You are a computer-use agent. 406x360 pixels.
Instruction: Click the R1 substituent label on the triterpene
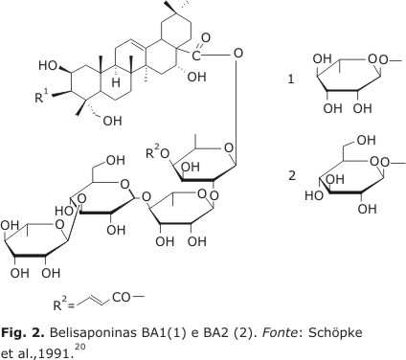41,96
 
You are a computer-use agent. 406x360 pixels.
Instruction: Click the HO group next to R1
48,66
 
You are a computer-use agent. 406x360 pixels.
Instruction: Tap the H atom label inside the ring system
116,82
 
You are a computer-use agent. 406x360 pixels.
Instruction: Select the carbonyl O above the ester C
205,38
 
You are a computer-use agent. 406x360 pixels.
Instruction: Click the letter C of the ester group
196,56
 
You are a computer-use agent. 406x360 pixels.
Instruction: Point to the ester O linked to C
237,53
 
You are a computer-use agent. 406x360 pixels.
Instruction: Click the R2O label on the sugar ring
158,152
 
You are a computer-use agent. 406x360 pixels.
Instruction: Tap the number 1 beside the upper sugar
291,79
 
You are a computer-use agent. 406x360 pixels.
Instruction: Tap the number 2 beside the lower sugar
292,175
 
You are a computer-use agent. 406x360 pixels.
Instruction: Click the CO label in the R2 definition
122,298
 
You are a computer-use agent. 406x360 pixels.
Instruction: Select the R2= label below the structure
63,304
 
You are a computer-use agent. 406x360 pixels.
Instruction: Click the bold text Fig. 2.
22,333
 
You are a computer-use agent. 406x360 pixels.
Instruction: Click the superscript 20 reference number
80,347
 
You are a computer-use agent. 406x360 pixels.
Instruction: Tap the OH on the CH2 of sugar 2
366,140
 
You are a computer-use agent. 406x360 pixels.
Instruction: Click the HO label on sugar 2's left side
314,195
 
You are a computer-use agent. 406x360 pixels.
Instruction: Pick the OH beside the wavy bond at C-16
196,77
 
